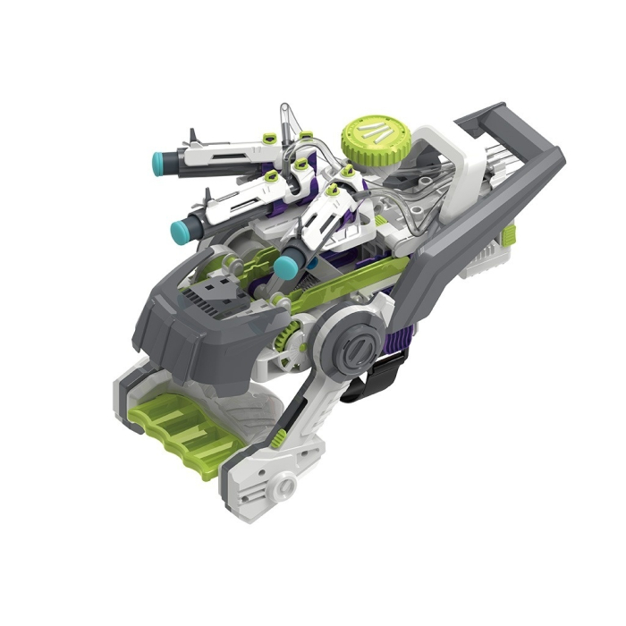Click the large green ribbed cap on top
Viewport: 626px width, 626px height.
[x=369, y=136]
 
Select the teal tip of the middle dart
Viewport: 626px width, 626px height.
[x=181, y=231]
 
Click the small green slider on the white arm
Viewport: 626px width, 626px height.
[x=282, y=439]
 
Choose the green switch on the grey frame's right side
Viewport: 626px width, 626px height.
[x=508, y=236]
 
